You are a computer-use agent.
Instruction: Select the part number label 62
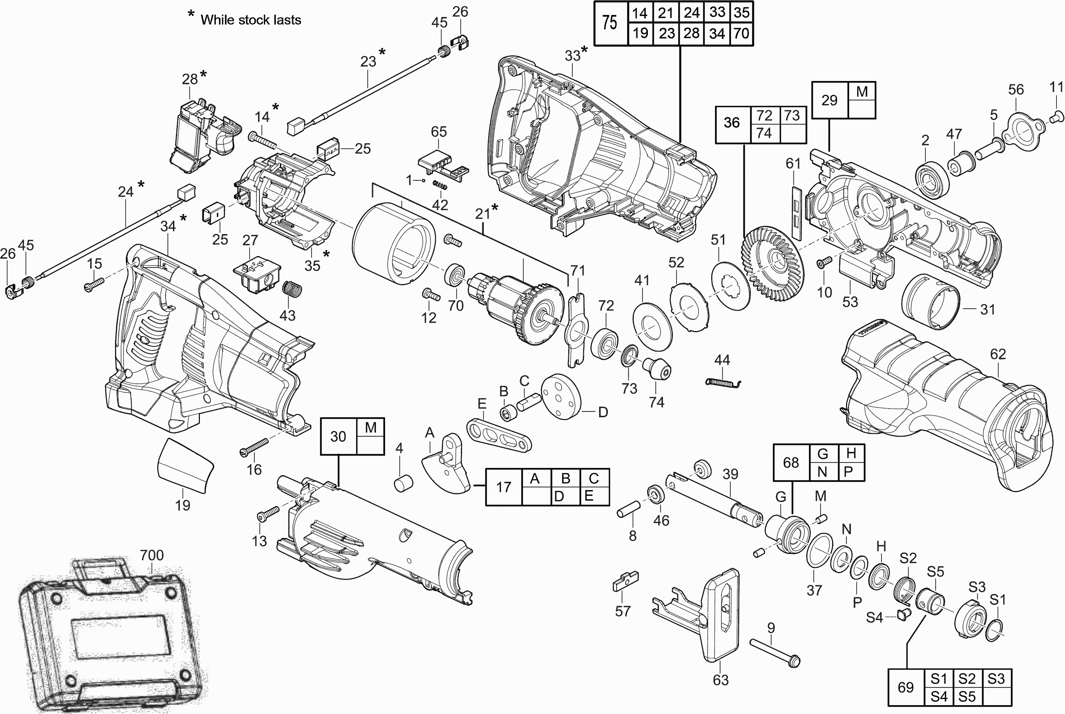click(x=998, y=354)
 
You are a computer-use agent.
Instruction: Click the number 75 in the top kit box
click(x=610, y=22)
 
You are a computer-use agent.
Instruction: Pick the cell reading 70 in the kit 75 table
click(x=741, y=33)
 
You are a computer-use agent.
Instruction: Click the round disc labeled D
click(x=561, y=396)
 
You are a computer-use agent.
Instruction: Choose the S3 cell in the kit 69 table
click(x=996, y=679)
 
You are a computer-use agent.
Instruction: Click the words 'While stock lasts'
click(x=251, y=20)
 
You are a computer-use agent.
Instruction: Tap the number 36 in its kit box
click(x=732, y=122)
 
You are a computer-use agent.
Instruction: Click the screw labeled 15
click(x=94, y=285)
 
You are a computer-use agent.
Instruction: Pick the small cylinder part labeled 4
click(x=403, y=483)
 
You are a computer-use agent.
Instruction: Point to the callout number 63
click(x=720, y=680)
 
